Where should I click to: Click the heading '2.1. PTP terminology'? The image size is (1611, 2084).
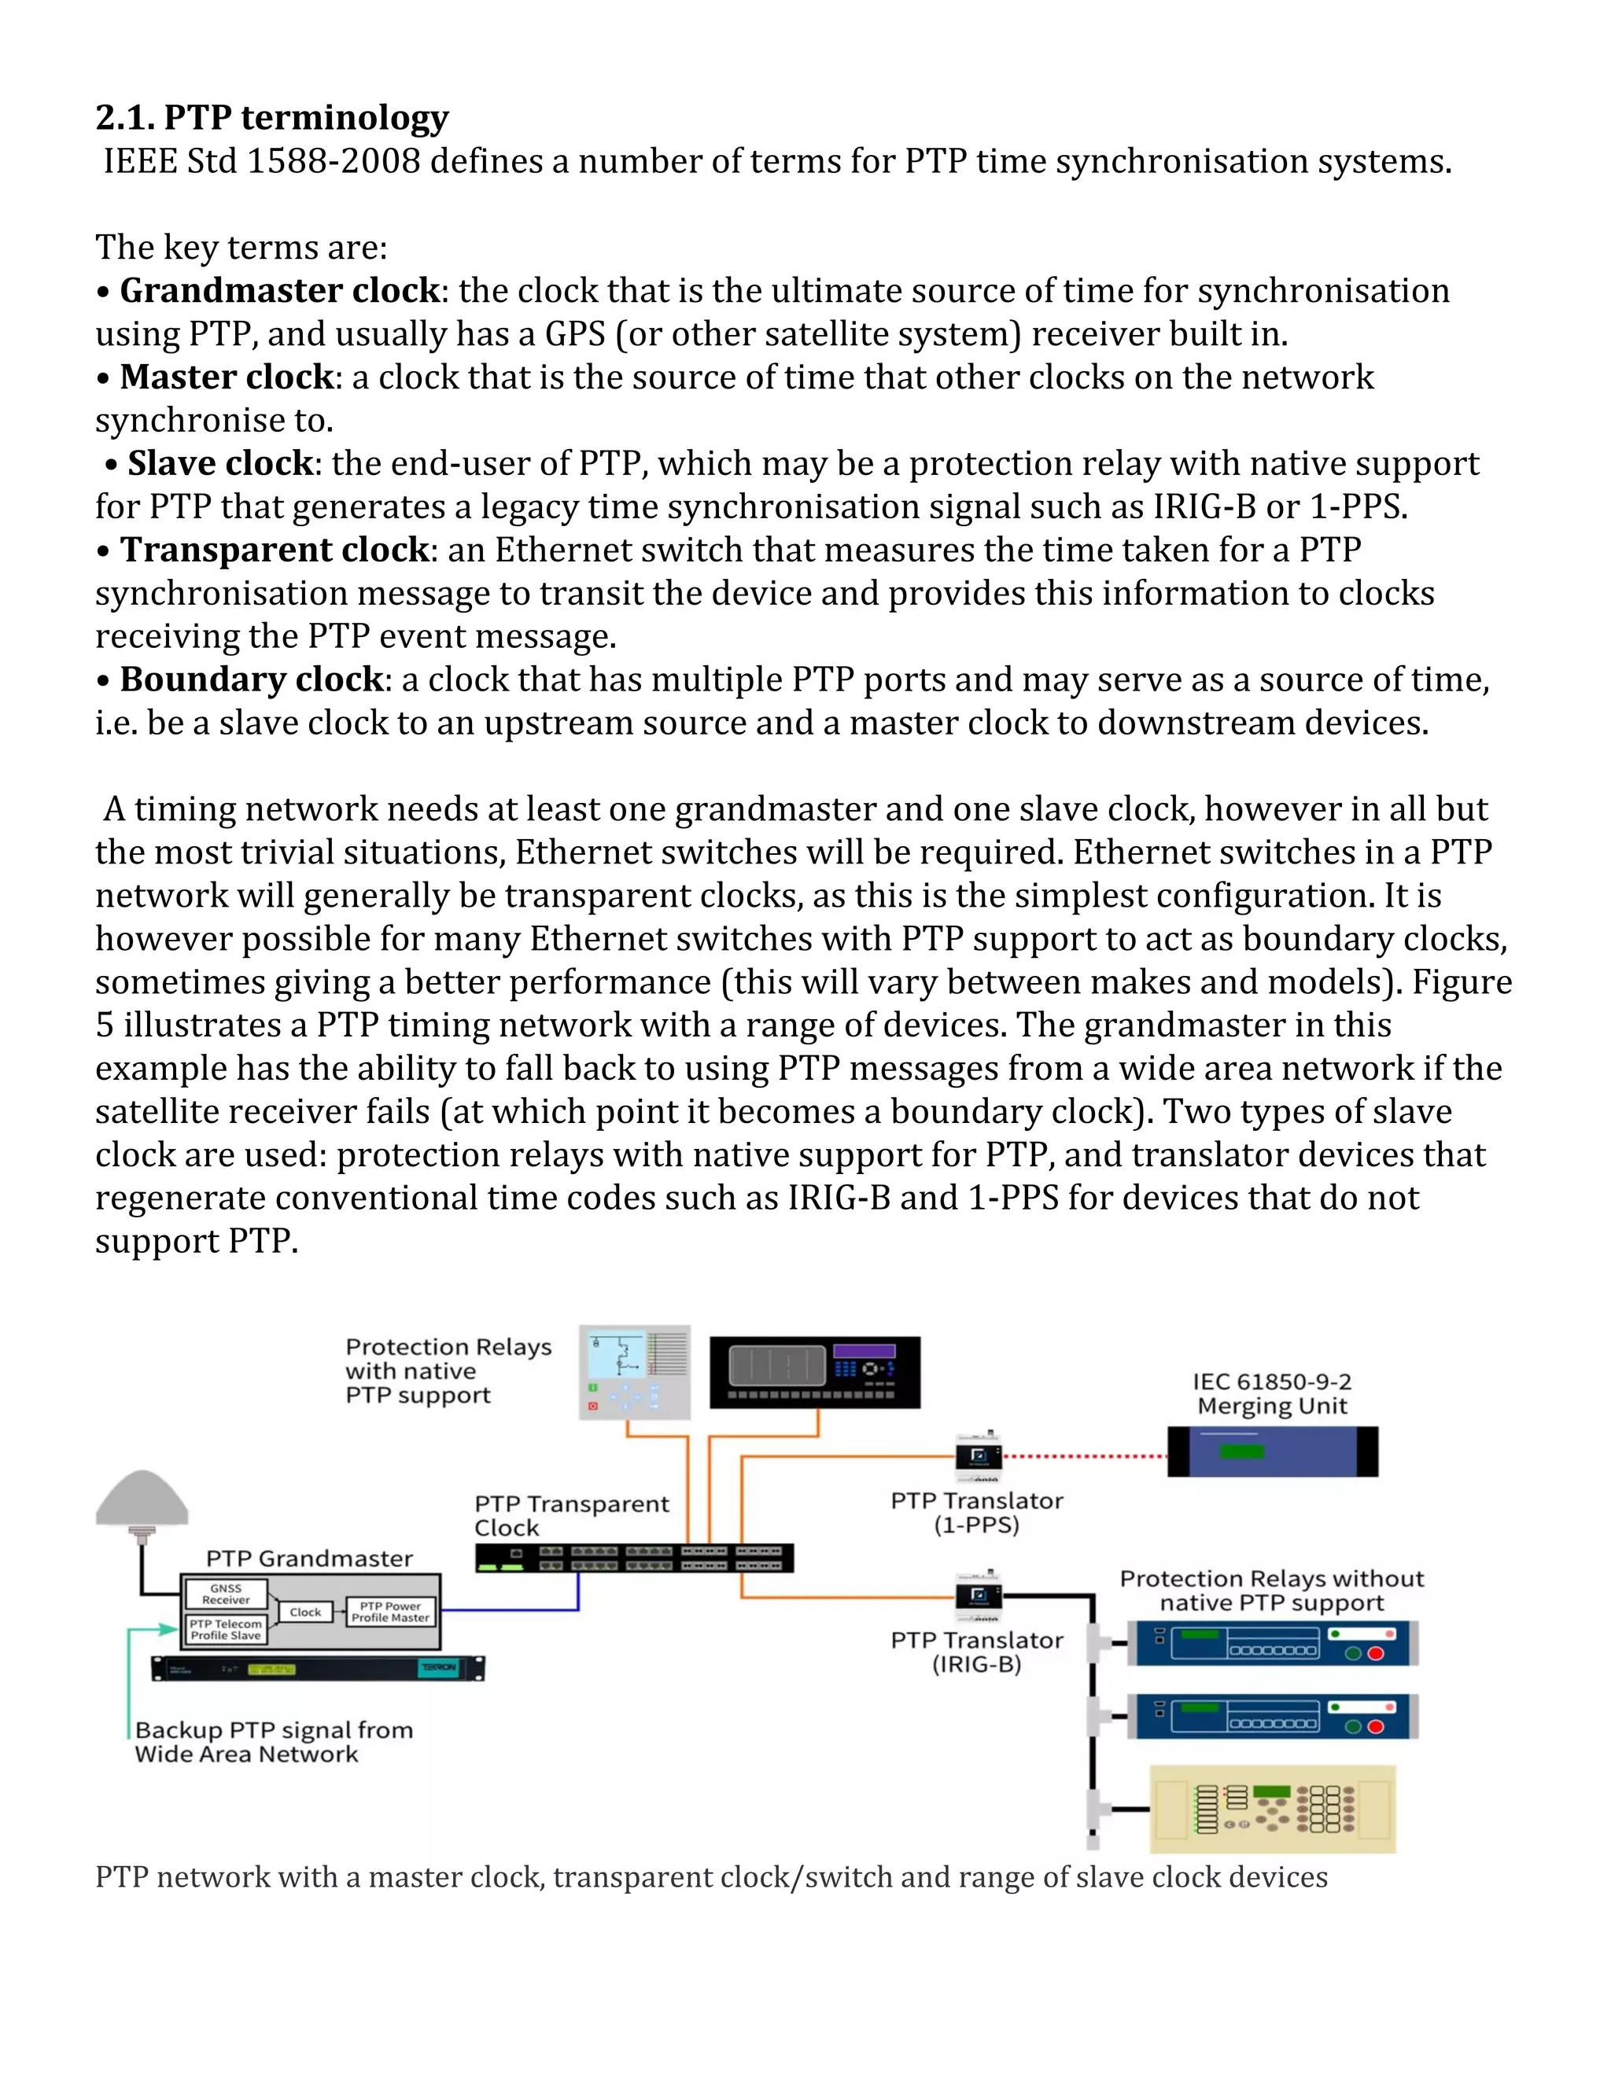click(x=272, y=117)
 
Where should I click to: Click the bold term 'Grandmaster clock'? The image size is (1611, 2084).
click(x=279, y=290)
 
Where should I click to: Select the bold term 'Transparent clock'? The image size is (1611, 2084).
click(x=275, y=550)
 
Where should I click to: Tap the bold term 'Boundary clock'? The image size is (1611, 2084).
click(x=252, y=679)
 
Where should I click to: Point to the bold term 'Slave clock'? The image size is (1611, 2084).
click(x=220, y=464)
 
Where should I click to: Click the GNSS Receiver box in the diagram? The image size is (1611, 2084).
click(x=227, y=1593)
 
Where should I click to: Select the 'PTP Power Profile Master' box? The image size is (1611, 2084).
click(x=389, y=1611)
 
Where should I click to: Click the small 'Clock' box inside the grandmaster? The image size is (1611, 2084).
click(x=305, y=1611)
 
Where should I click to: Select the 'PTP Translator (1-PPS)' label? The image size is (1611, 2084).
click(x=976, y=1512)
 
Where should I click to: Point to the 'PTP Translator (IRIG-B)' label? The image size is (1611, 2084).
click(x=976, y=1651)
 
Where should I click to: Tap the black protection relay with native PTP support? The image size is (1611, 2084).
click(x=815, y=1372)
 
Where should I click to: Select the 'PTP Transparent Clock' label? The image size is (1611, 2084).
click(x=571, y=1515)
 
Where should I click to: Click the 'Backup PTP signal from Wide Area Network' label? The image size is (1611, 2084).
click(x=274, y=1741)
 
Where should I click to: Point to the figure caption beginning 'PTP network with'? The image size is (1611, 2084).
click(x=711, y=1877)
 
